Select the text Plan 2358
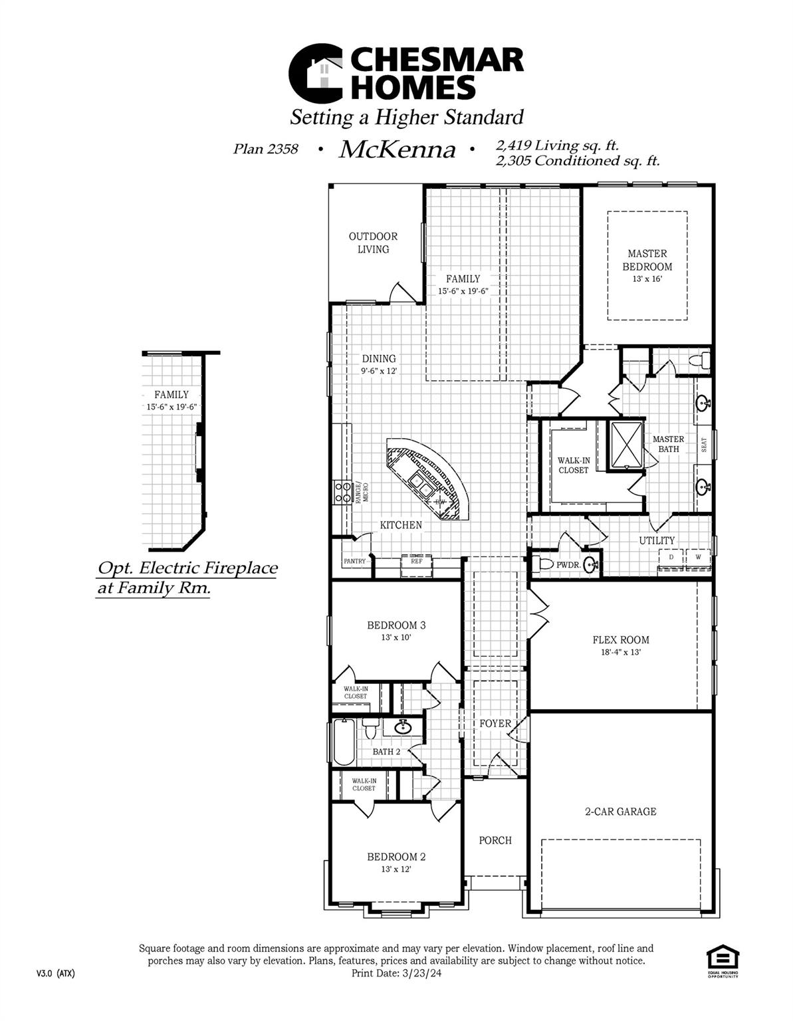tap(265, 149)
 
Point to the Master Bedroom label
tap(647, 260)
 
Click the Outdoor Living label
tap(373, 243)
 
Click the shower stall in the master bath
tap(626, 445)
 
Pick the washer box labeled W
tap(697, 557)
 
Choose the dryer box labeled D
tap(671, 557)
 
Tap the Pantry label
tap(355, 561)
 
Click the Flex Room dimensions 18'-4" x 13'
tap(621, 653)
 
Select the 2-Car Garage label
tap(620, 812)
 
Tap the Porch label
tap(495, 840)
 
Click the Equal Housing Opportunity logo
tap(722, 963)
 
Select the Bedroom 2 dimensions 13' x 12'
tap(396, 869)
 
